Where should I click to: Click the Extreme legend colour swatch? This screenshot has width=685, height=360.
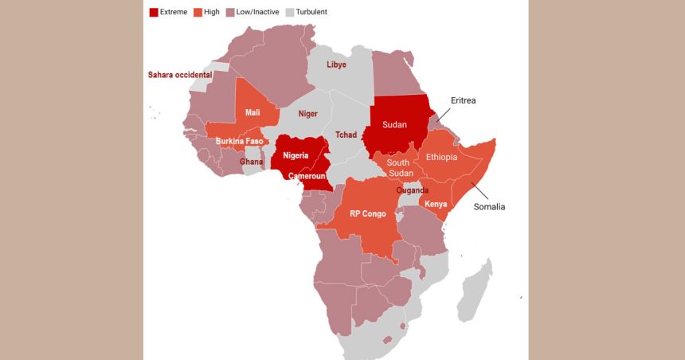[x=154, y=12]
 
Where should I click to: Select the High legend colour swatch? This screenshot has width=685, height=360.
[x=198, y=12]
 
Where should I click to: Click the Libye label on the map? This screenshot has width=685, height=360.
[x=336, y=65]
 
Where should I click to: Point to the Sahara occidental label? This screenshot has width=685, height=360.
[x=180, y=75]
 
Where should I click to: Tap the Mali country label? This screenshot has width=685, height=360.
[x=252, y=112]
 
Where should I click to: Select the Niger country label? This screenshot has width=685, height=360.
[x=307, y=114]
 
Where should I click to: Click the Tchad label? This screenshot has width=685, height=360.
[x=346, y=135]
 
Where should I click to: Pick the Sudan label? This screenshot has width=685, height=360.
[x=394, y=124]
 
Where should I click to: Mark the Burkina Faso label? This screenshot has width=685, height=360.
[x=239, y=141]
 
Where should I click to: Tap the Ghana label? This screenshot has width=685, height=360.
[x=252, y=162]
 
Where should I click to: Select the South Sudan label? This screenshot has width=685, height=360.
[x=399, y=168]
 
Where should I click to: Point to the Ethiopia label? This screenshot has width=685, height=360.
[x=441, y=157]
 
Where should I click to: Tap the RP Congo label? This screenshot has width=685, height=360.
[x=367, y=213]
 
